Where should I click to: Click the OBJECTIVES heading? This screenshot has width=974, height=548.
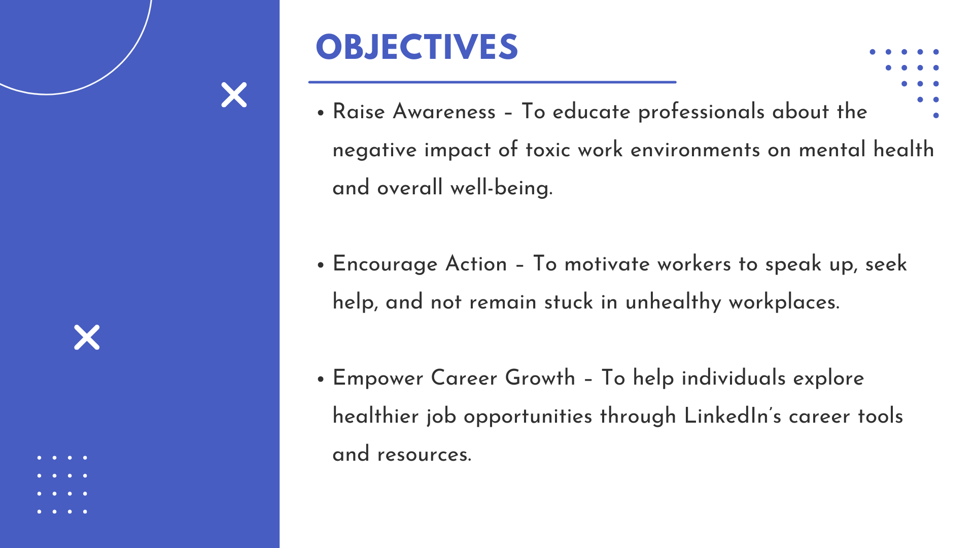[416, 47]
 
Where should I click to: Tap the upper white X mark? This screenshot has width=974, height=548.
[234, 95]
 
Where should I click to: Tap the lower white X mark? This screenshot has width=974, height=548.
[87, 337]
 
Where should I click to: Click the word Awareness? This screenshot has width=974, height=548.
[444, 112]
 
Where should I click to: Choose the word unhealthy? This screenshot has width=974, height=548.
[673, 302]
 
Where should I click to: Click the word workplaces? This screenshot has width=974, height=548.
[784, 302]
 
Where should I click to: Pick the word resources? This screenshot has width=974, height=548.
[424, 455]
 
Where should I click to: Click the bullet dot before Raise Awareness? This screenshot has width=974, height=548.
[321, 113]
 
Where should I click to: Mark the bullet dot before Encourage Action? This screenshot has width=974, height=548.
[321, 265]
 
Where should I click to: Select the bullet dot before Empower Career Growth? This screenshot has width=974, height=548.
[321, 379]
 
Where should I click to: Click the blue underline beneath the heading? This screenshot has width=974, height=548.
[492, 82]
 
